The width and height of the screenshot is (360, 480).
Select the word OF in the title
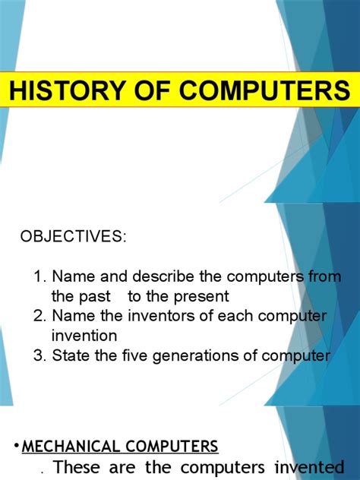[x=151, y=91]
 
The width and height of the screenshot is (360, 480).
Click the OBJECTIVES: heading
[x=73, y=236]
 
